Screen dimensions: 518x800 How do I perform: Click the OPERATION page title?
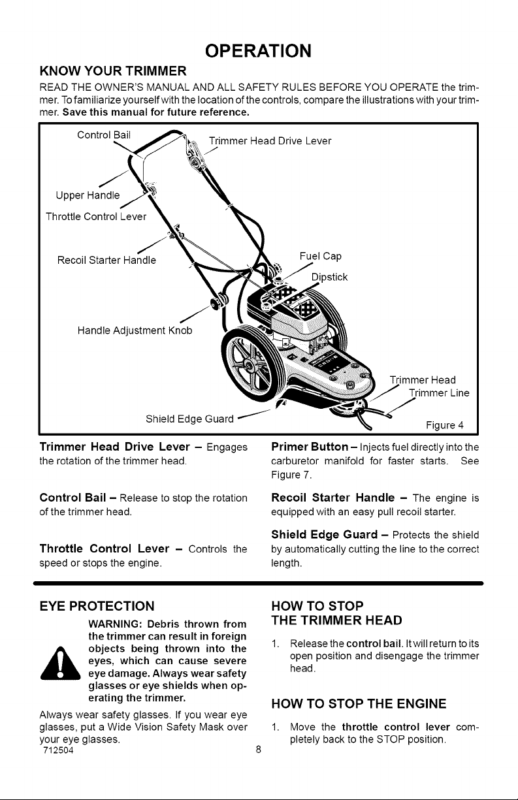tap(258, 51)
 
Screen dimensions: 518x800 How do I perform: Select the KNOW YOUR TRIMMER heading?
tap(113, 71)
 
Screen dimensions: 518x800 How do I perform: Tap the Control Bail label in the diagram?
tap(104, 135)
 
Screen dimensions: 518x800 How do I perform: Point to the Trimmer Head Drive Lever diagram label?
tap(270, 140)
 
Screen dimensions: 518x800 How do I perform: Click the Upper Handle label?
tap(88, 195)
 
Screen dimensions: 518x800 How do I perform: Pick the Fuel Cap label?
tap(321, 256)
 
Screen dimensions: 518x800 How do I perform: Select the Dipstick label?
tap(329, 277)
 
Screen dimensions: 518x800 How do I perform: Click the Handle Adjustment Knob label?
tap(135, 330)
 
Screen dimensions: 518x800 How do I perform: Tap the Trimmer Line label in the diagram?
tap(439, 393)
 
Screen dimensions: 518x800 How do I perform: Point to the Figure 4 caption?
tap(444, 425)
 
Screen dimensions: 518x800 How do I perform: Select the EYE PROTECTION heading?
tap(97, 606)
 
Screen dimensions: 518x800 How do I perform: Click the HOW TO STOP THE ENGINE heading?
tap(359, 703)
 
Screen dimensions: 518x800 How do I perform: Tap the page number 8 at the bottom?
tap(259, 749)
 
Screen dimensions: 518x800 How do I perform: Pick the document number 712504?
tap(58, 750)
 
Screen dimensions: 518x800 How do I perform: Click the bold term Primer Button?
tap(310, 447)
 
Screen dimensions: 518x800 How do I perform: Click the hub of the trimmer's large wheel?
tap(248, 364)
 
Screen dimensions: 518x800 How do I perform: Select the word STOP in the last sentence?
tap(387, 739)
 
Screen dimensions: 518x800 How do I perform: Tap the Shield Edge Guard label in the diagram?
tap(189, 419)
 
